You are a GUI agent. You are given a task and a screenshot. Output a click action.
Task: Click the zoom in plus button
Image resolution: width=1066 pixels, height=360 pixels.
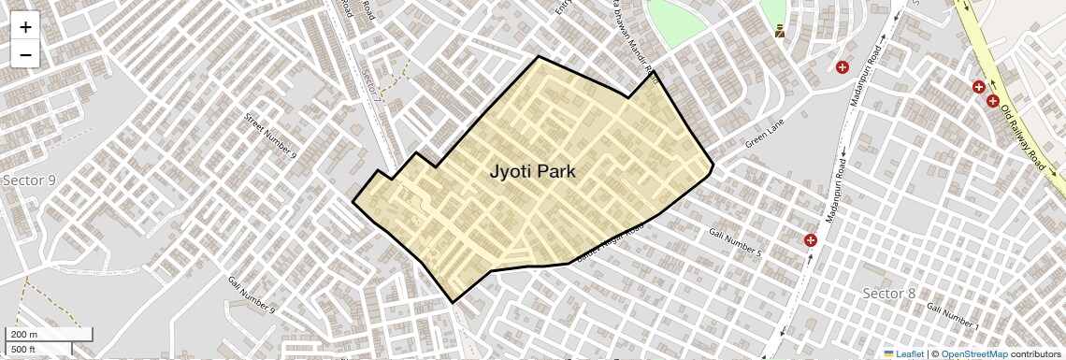25,27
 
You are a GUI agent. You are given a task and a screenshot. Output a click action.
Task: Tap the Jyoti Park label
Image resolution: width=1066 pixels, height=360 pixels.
532,171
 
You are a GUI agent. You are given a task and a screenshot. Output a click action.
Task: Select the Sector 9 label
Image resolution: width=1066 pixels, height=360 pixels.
29,180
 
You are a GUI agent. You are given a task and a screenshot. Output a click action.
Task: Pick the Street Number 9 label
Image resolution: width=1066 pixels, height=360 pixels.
270,136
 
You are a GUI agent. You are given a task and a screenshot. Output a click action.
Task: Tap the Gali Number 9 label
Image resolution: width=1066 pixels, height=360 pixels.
252,294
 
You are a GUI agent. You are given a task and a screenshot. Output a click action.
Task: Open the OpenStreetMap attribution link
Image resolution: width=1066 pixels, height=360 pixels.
973,353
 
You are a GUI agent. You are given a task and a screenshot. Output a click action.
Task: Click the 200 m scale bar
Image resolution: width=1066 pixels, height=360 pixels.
50,335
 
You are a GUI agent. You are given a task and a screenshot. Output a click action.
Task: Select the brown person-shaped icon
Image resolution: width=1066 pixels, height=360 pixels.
780,32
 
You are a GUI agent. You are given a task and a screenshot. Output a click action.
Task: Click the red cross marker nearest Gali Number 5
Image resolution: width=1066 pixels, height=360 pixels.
810,240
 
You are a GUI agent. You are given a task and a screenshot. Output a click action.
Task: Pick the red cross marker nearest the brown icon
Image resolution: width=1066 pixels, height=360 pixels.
843,67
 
